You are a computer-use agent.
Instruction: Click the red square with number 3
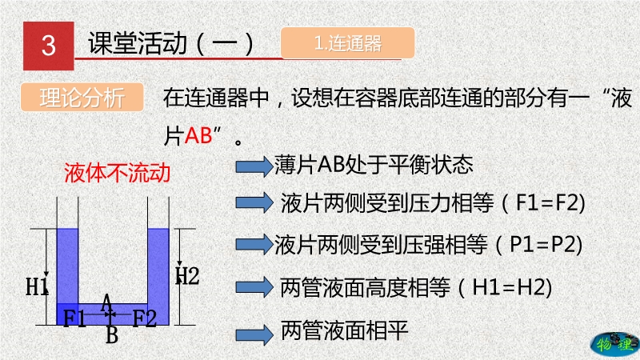point(49,46)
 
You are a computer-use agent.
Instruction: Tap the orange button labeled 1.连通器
point(348,43)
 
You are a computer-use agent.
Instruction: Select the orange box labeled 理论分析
point(82,97)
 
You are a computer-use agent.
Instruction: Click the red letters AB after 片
point(198,134)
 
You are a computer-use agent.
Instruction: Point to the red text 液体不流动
point(117,172)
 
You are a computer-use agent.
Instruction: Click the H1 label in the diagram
point(37,286)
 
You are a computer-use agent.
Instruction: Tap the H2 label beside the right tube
point(187,275)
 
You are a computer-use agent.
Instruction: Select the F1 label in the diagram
point(74,318)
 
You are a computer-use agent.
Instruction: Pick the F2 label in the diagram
point(145,318)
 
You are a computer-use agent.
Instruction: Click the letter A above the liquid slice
point(106,302)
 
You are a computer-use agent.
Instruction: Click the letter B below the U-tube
point(112,334)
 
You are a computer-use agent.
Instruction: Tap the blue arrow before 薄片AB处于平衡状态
point(254,166)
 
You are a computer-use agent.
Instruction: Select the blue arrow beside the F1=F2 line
point(254,203)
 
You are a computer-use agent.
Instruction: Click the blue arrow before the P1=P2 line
point(254,245)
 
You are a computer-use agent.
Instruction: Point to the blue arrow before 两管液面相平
point(254,334)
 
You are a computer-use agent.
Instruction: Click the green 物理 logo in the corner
point(614,344)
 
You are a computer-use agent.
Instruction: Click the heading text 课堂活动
point(138,43)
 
